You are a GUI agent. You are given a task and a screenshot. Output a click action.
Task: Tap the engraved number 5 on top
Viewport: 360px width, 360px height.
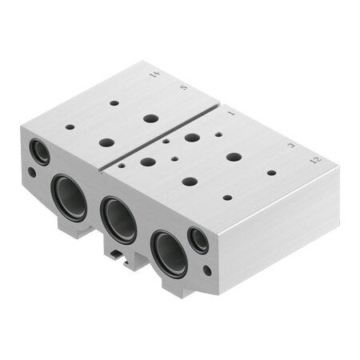[x=186, y=88]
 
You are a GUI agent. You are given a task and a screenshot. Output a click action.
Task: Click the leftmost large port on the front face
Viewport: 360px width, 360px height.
[x=69, y=198]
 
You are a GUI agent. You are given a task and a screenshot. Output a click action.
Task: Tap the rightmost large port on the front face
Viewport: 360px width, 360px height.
[x=169, y=252]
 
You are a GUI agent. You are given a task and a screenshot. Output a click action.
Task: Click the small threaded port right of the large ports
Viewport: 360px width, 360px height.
[x=198, y=240]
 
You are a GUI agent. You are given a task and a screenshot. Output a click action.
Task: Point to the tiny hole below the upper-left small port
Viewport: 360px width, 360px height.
[x=32, y=171]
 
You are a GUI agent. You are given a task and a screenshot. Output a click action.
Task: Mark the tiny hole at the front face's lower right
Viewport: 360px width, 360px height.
[x=207, y=270]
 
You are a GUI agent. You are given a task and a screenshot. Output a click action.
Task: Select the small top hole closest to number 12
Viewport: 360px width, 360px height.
[x=271, y=172]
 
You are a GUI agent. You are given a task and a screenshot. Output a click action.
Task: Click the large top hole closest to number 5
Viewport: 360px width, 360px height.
[x=150, y=118]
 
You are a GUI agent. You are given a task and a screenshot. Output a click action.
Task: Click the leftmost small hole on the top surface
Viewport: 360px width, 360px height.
[x=70, y=126]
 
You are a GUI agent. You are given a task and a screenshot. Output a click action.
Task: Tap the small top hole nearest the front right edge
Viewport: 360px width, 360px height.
[x=227, y=197]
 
